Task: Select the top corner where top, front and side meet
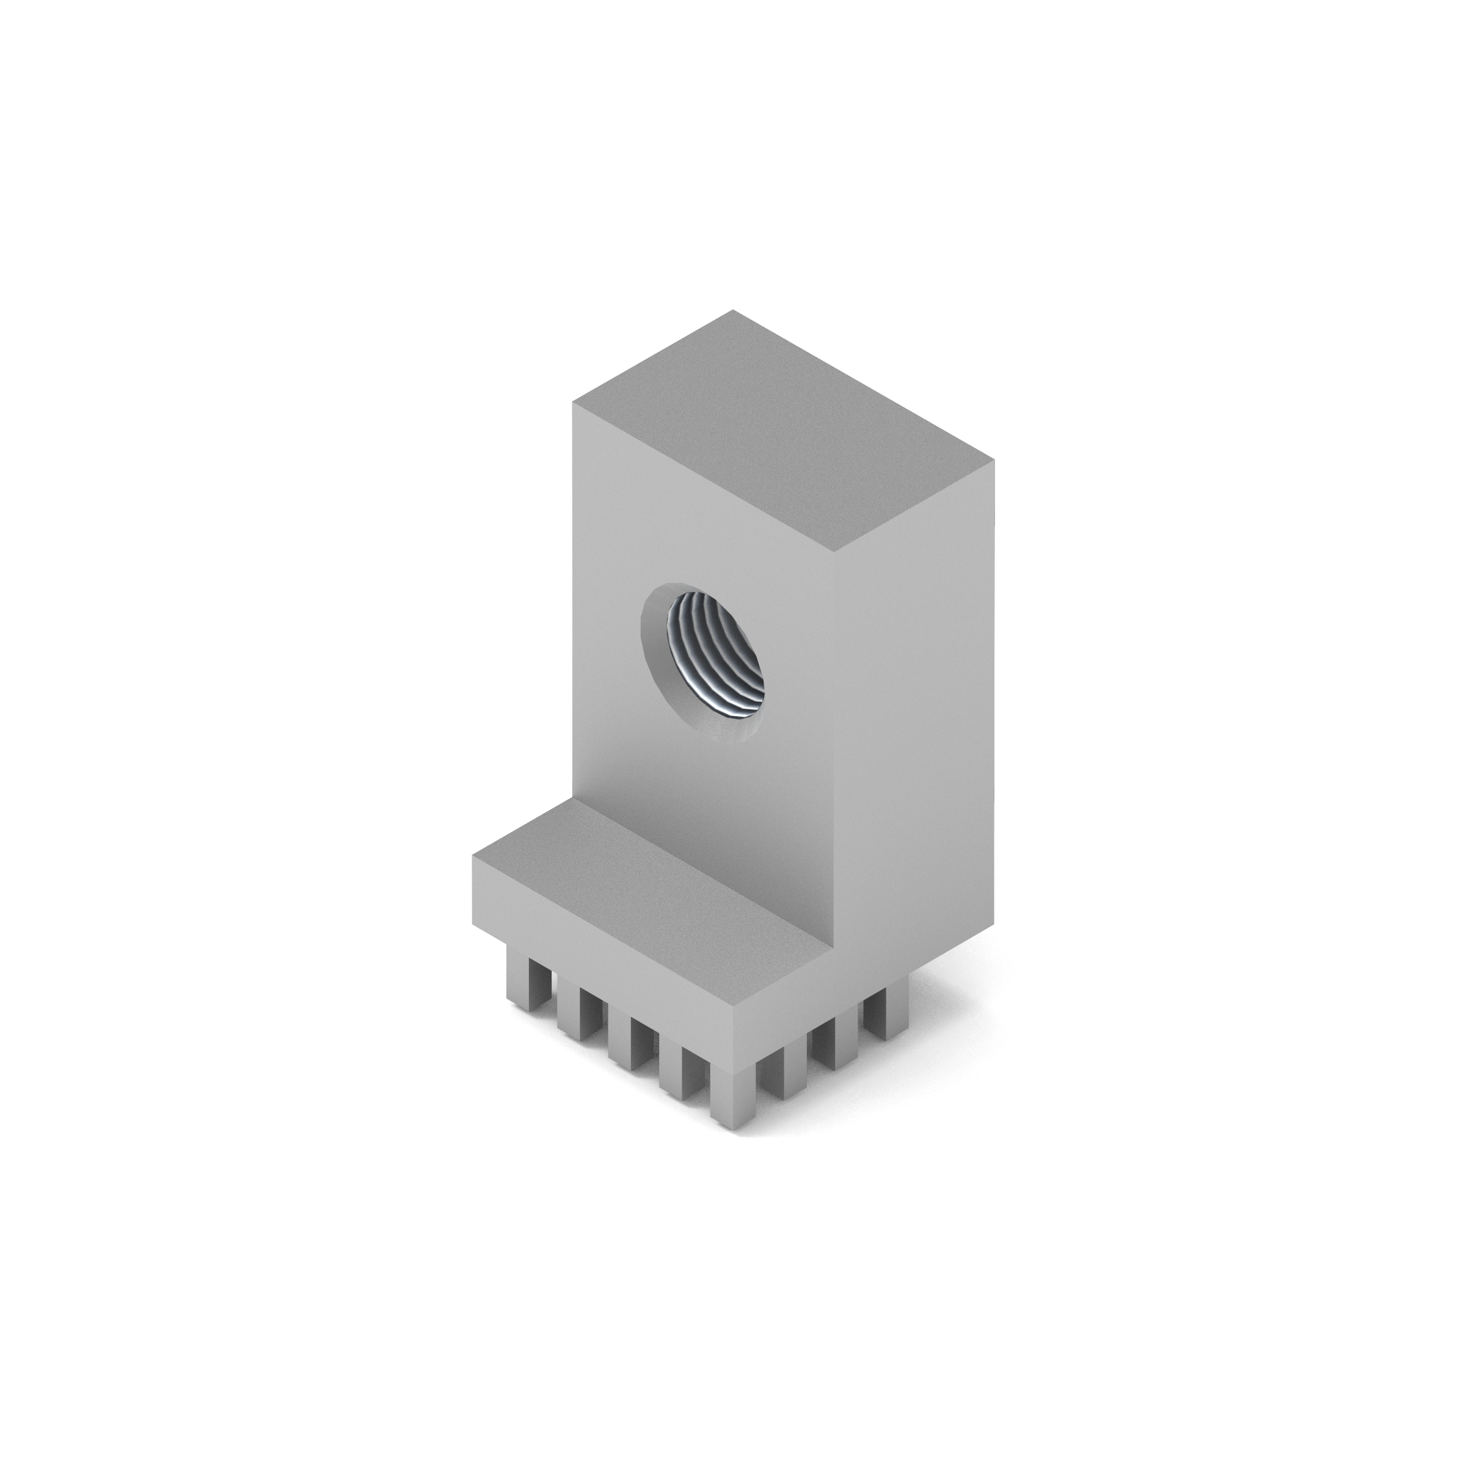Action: (x=833, y=554)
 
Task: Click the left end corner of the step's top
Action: (x=473, y=856)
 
